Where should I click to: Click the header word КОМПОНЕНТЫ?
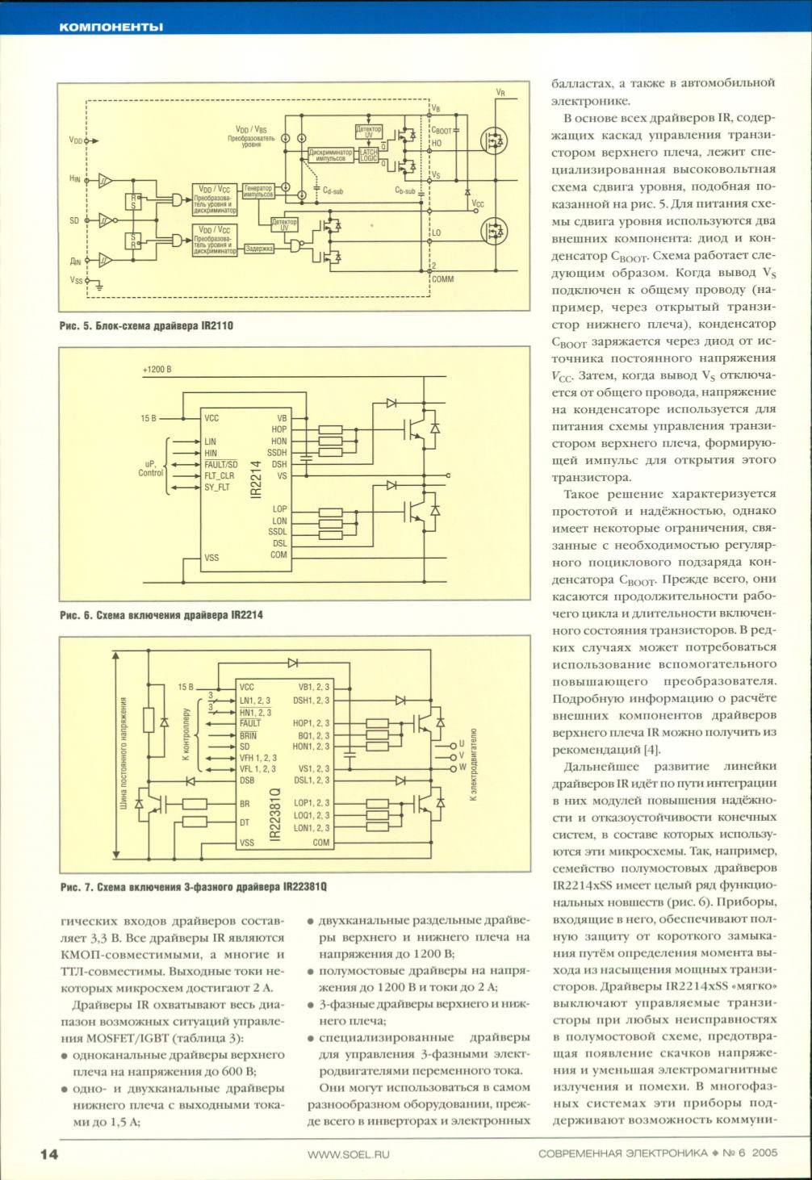pyautogui.click(x=111, y=27)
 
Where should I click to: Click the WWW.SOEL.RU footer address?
pyautogui.click(x=349, y=1154)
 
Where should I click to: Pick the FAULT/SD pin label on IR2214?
pyautogui.click(x=221, y=465)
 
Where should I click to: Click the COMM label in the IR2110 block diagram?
pyautogui.click(x=443, y=278)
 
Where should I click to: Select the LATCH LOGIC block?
pyautogui.click(x=368, y=155)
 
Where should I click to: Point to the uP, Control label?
pyautogui.click(x=151, y=469)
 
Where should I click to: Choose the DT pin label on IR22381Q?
pyautogui.click(x=245, y=822)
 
